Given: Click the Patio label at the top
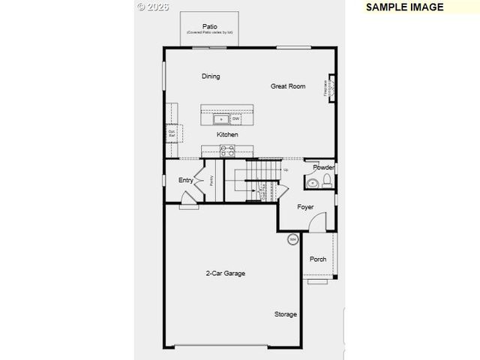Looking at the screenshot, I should (x=209, y=26).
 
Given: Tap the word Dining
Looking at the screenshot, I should (x=211, y=76).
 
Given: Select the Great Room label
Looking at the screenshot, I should (x=288, y=86).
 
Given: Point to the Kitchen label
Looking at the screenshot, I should (x=227, y=134).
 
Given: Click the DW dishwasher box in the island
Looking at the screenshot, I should (x=235, y=118).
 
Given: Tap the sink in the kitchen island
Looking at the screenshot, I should (x=221, y=118).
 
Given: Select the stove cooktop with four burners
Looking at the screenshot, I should (x=227, y=150).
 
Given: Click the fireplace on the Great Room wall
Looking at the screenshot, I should (x=328, y=88).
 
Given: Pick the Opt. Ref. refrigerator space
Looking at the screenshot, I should (x=172, y=133).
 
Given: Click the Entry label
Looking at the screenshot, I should (x=185, y=180).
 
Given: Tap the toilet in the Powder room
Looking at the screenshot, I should (x=327, y=181).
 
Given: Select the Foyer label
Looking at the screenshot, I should (x=305, y=206).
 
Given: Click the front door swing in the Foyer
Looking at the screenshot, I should (x=319, y=221).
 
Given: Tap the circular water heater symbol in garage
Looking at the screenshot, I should (x=292, y=239).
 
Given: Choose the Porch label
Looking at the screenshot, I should (x=318, y=259).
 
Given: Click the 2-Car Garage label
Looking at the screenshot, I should (x=226, y=273).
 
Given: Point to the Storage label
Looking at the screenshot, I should (x=285, y=314).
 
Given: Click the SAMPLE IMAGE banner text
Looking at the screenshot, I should (x=405, y=7).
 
